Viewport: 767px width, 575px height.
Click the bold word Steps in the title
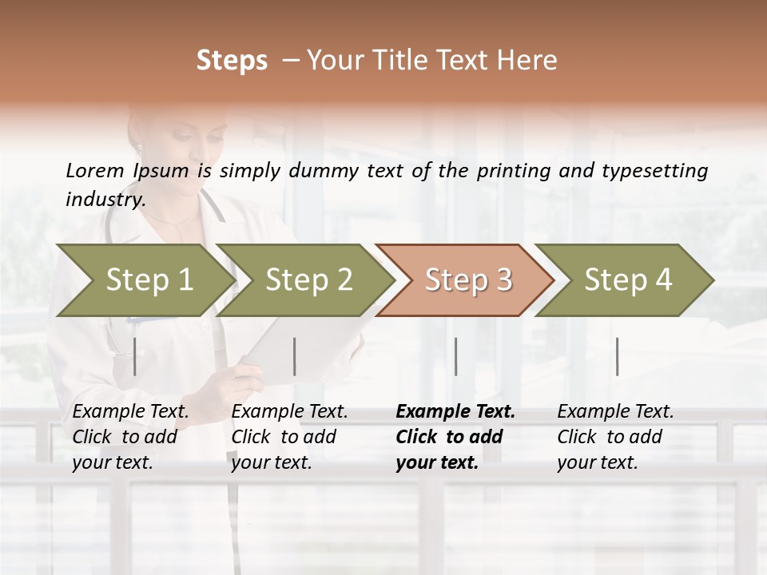232,61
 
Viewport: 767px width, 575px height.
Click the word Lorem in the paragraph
94,170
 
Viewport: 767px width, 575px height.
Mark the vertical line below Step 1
135,356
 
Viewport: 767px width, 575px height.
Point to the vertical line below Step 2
295,356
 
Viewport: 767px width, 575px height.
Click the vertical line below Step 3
456,356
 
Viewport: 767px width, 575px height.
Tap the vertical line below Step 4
617,356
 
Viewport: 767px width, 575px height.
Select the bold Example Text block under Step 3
455,437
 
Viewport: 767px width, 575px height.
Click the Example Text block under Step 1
130,437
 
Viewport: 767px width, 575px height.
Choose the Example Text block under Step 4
615,437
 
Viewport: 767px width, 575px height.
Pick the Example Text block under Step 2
289,437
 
